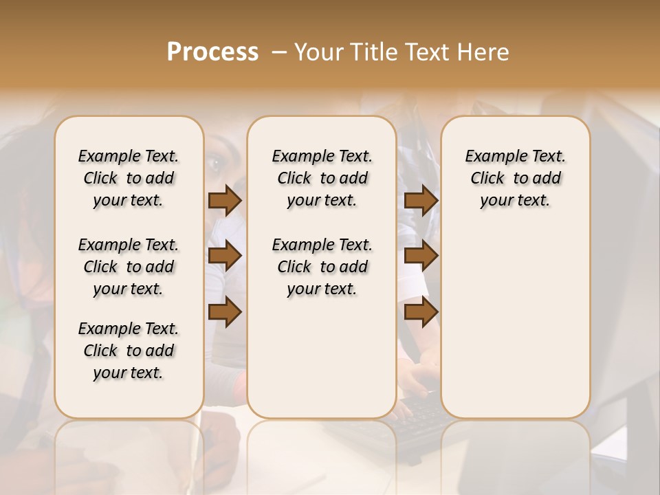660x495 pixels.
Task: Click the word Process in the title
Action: point(212,52)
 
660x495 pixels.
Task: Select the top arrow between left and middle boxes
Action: point(224,201)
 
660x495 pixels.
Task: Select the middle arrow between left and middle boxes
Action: point(224,256)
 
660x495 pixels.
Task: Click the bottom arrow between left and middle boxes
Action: point(224,312)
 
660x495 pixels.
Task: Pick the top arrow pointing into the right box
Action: point(421,201)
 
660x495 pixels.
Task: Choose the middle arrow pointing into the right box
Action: point(421,256)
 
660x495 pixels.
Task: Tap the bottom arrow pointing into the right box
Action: point(421,312)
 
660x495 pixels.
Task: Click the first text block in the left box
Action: point(129,178)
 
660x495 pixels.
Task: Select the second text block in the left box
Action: point(129,267)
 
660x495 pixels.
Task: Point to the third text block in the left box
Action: point(129,351)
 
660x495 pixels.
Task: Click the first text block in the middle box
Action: point(322,178)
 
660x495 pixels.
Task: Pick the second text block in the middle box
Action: point(322,267)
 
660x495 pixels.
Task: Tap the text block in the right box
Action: point(515,178)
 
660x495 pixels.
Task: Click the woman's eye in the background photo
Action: point(214,164)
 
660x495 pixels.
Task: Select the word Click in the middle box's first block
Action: point(294,178)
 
